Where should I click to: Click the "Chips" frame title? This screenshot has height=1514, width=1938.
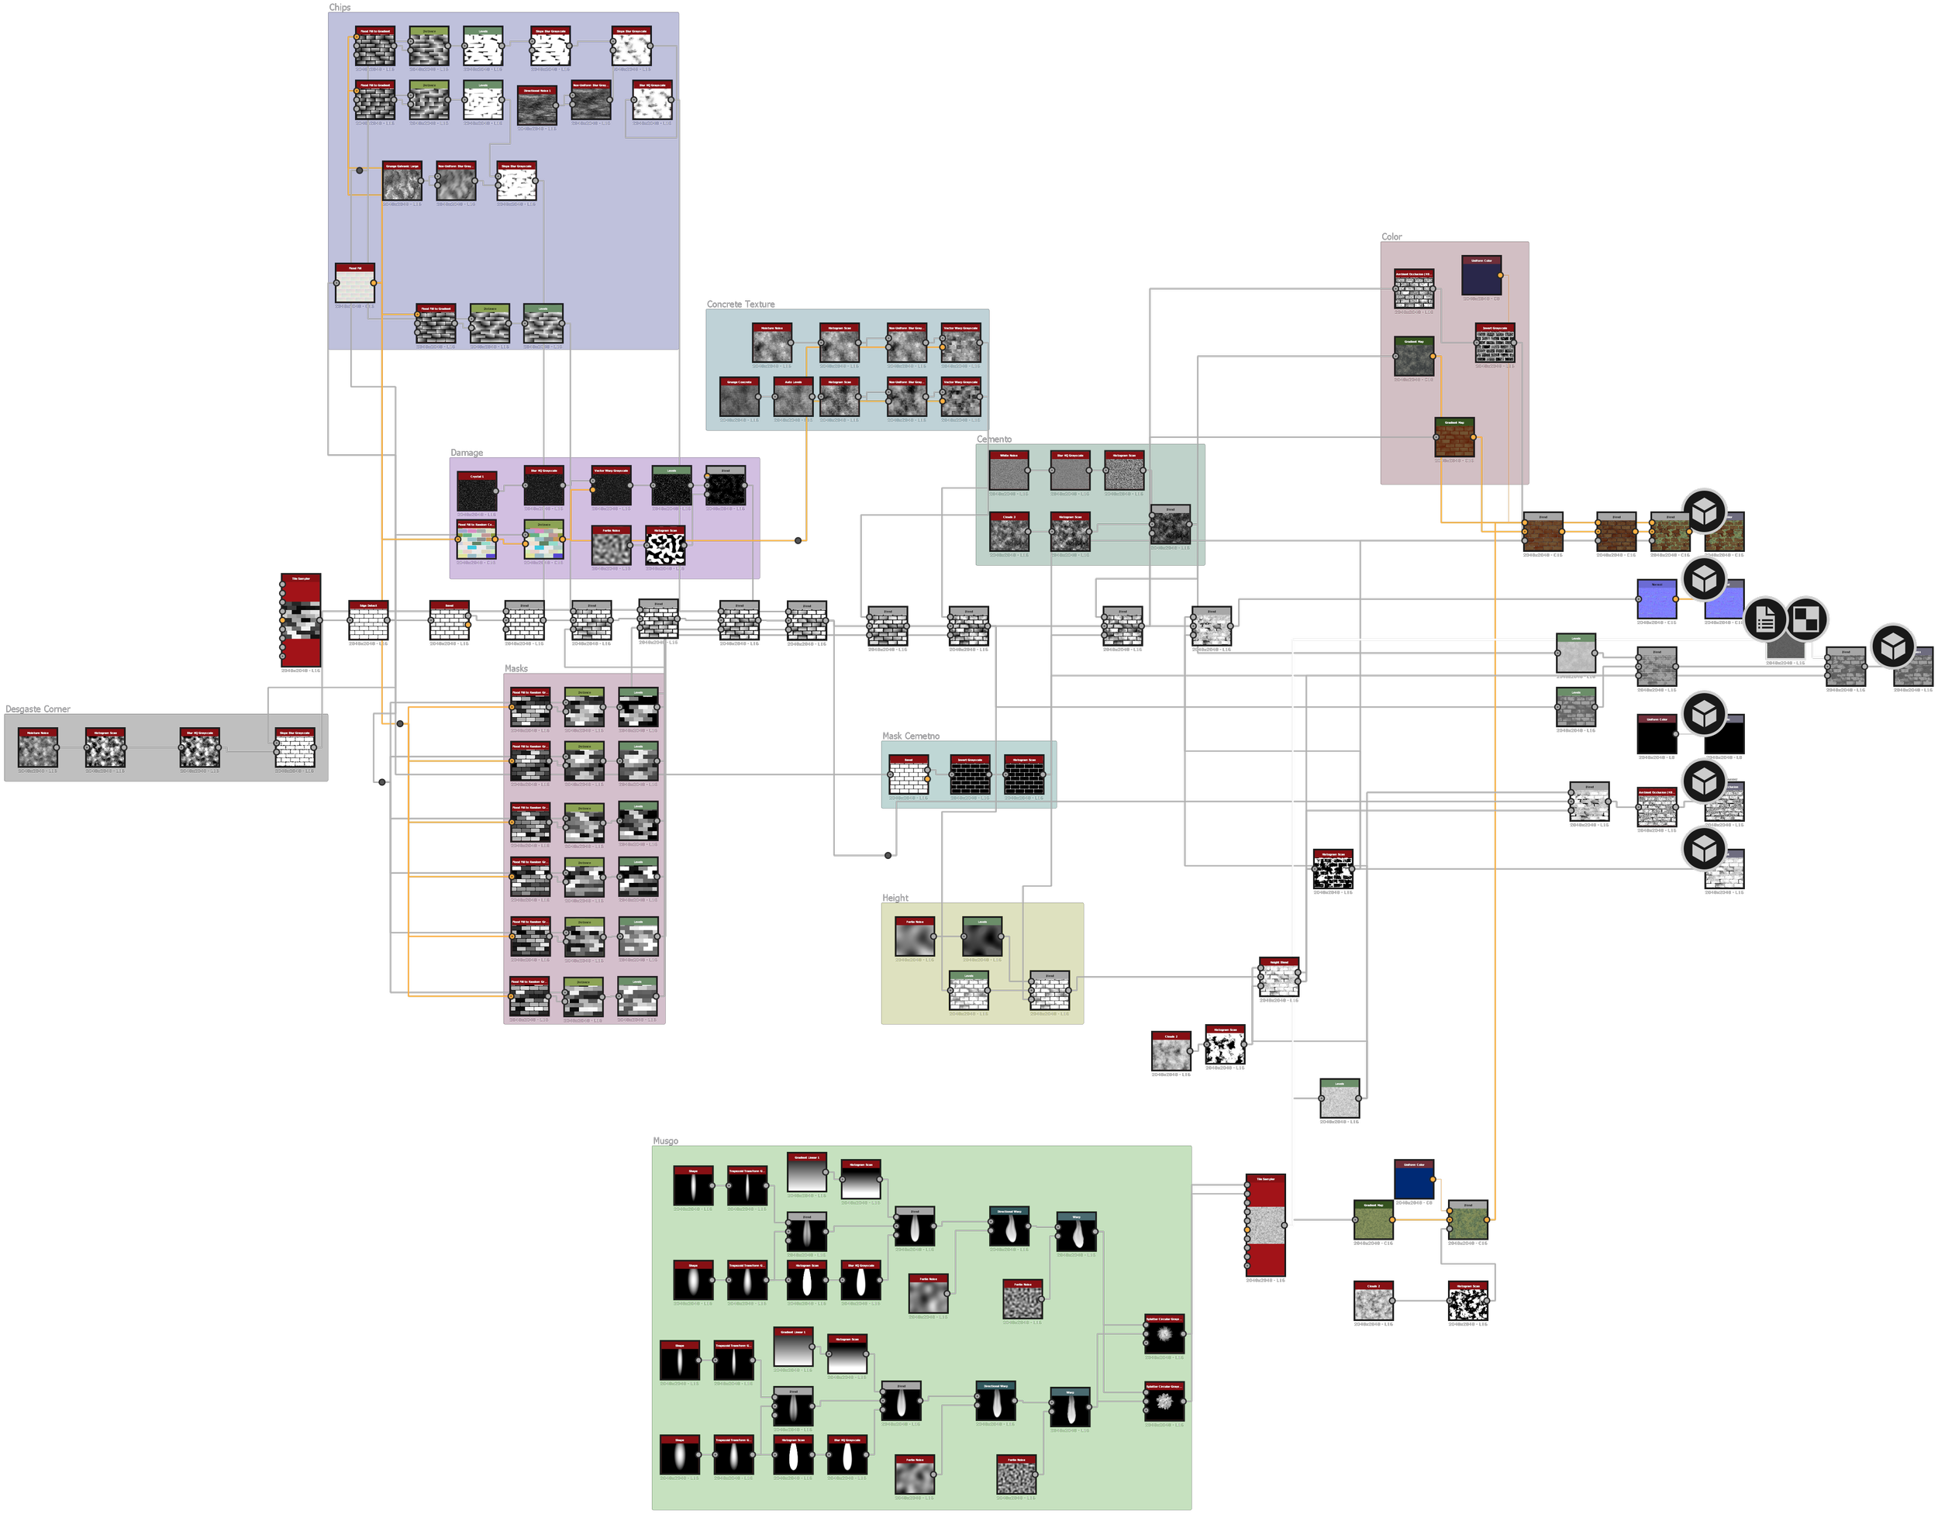pyautogui.click(x=340, y=7)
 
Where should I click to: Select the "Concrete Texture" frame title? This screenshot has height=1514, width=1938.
pyautogui.click(x=740, y=305)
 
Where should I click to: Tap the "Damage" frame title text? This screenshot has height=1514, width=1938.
pyautogui.click(x=467, y=453)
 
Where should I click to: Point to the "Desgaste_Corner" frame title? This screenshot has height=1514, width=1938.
pyautogui.click(x=37, y=709)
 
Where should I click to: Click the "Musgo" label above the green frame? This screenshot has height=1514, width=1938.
pyautogui.click(x=666, y=1140)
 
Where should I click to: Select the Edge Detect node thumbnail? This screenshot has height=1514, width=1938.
pyautogui.click(x=367, y=624)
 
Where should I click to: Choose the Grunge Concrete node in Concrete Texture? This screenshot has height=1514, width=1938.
pyautogui.click(x=740, y=401)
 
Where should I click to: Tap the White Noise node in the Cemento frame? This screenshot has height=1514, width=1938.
pyautogui.click(x=1009, y=474)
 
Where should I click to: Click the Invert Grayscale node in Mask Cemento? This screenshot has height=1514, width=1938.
pyautogui.click(x=970, y=778)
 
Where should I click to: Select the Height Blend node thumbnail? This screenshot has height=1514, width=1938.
pyautogui.click(x=1278, y=980)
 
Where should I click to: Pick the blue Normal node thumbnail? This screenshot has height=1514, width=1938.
pyautogui.click(x=1656, y=601)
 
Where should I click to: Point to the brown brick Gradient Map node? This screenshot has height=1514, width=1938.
pyautogui.click(x=1454, y=440)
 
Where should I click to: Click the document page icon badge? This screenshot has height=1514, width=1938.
pyautogui.click(x=1765, y=619)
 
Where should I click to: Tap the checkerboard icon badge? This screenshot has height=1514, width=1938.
pyautogui.click(x=1805, y=619)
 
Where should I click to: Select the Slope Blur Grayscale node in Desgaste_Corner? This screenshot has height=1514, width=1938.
pyautogui.click(x=294, y=750)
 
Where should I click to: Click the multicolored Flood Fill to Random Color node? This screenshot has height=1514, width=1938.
pyautogui.click(x=476, y=543)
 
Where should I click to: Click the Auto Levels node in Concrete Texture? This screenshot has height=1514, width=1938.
pyautogui.click(x=792, y=401)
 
